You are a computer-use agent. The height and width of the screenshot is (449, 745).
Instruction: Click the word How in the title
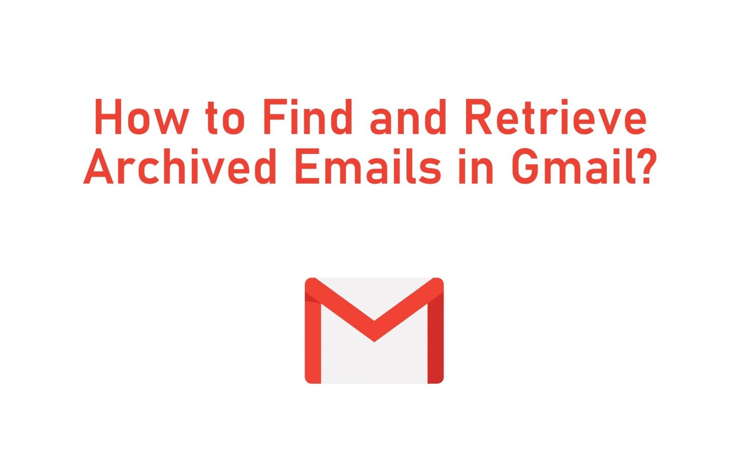pos(142,117)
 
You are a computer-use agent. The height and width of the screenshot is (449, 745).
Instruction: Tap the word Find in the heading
pos(308,117)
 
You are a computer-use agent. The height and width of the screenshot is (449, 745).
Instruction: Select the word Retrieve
pos(556,117)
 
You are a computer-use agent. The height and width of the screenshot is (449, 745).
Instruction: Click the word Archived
pos(180,166)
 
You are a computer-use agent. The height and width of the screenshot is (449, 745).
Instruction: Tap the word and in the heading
pos(408,117)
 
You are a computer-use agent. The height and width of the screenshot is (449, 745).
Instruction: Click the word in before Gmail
pos(475,166)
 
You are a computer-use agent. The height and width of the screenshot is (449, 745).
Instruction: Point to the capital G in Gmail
pos(526,166)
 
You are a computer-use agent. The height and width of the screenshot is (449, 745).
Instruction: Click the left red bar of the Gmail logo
pos(313,337)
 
